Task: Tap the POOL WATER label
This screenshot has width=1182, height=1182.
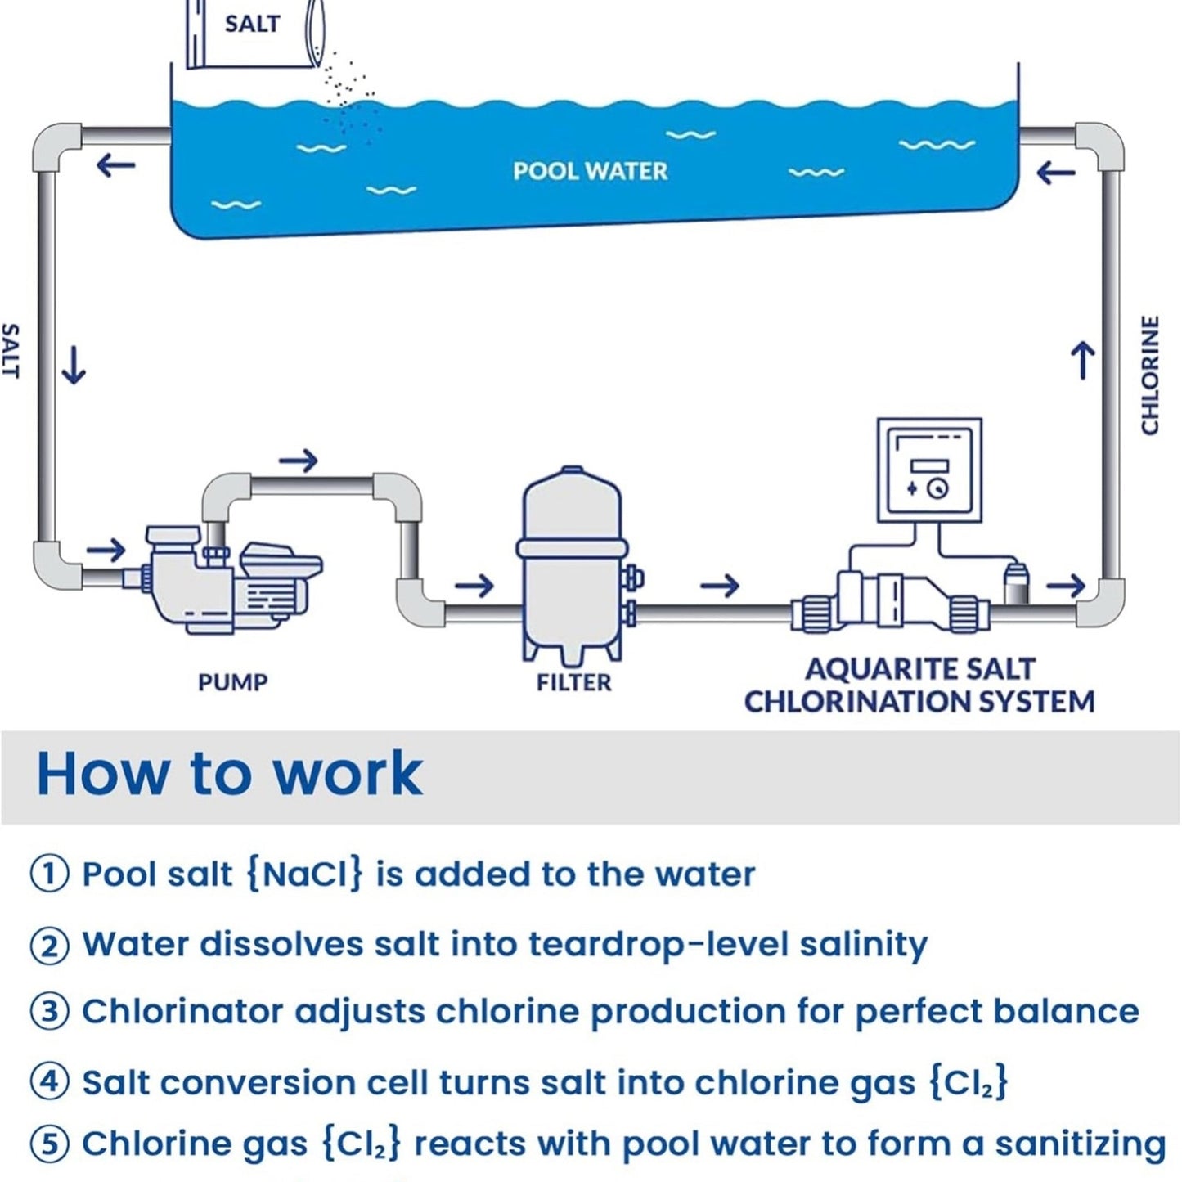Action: coord(590,171)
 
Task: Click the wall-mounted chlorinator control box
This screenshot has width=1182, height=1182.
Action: coord(929,470)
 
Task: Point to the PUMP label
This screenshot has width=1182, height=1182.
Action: coord(233,682)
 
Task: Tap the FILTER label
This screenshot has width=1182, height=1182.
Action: coord(573,682)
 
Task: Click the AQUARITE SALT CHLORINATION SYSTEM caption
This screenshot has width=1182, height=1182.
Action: coord(919,685)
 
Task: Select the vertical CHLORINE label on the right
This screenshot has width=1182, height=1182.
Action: coord(1150,375)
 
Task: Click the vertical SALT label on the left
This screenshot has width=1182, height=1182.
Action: coord(10,351)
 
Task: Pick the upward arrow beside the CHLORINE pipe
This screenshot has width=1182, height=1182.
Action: coord(1083,361)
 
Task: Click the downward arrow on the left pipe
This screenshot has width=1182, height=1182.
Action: coord(74,365)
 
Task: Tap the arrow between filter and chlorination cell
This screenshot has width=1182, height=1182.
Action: coord(720,585)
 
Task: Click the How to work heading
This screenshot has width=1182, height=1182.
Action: coord(230,773)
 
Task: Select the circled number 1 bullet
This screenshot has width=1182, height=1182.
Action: coord(49,874)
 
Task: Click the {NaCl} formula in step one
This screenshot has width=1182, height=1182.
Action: coord(303,874)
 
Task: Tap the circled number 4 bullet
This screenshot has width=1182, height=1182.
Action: coord(49,1082)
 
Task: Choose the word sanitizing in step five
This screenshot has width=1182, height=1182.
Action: coord(1080,1144)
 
